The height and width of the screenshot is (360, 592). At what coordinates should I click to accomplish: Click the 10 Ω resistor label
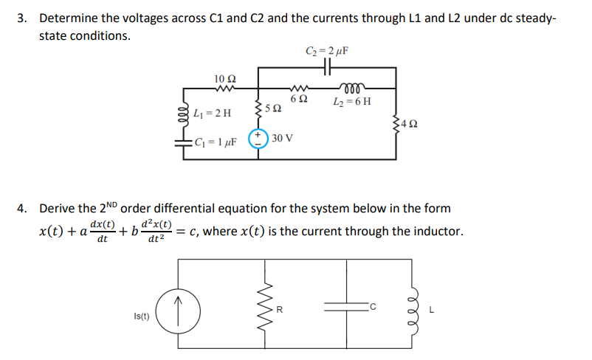(224, 79)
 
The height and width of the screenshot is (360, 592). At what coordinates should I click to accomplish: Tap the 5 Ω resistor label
(272, 110)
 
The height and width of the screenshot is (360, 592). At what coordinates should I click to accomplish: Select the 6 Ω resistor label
(299, 100)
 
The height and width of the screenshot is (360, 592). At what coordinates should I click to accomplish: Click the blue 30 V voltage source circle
(258, 138)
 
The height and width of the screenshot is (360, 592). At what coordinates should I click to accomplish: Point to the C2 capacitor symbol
(326, 67)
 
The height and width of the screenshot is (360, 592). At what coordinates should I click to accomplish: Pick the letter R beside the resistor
(278, 309)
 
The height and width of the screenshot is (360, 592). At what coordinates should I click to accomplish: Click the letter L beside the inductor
(441, 309)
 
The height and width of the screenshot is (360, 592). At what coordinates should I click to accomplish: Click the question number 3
(23, 17)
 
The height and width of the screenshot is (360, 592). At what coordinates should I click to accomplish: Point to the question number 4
(23, 208)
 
